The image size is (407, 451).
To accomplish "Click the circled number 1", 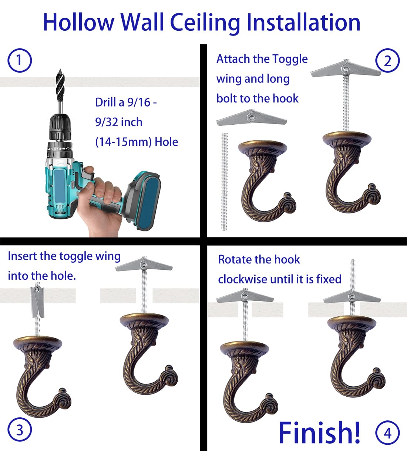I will click(x=19, y=61).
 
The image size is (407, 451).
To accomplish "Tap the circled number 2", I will click(x=387, y=61).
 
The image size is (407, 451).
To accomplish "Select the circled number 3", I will click(x=19, y=430).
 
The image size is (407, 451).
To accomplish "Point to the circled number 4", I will click(x=387, y=433).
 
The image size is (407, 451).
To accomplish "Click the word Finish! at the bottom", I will click(x=319, y=432).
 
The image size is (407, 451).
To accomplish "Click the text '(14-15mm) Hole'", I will click(x=137, y=142).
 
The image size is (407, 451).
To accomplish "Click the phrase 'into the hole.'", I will click(x=42, y=276).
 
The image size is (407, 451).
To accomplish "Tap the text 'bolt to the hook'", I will click(x=257, y=99).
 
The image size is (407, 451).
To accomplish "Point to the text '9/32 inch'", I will click(x=118, y=122).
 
